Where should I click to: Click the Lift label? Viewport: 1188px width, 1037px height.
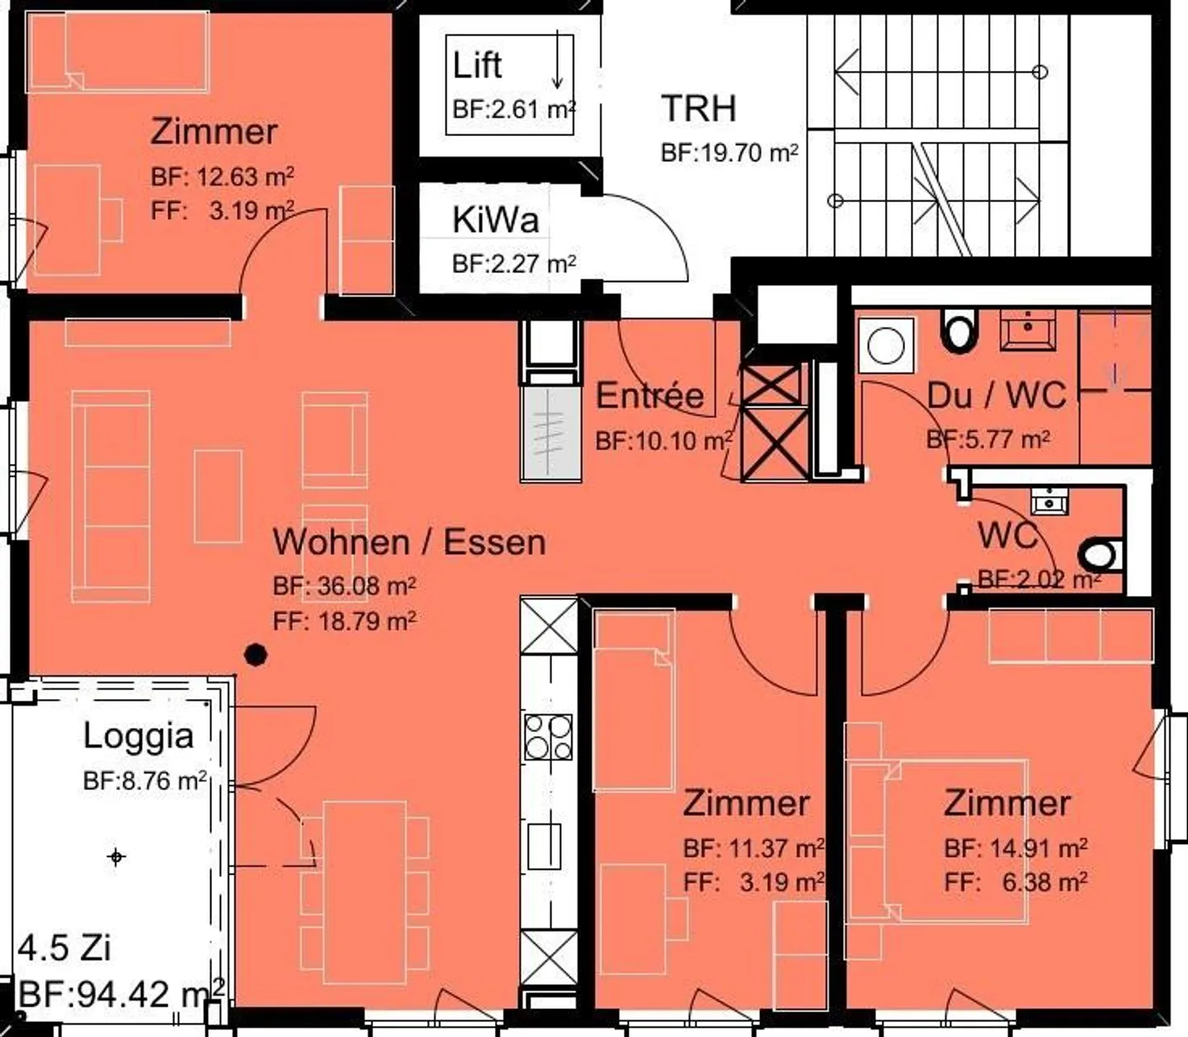click(477, 66)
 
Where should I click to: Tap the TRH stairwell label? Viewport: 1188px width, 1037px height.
click(698, 109)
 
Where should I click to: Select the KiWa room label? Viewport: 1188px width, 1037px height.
click(495, 220)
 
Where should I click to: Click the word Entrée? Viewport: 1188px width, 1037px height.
click(649, 396)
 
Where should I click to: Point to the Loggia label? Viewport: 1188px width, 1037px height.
click(139, 736)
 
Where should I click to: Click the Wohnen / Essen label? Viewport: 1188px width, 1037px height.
click(409, 542)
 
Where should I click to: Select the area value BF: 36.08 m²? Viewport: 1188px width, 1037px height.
click(344, 586)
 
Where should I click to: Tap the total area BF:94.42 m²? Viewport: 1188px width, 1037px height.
click(120, 993)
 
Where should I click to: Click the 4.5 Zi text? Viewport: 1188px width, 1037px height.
click(64, 948)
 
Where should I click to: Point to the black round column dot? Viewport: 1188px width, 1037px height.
click(257, 655)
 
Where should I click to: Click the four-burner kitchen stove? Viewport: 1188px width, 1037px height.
click(549, 736)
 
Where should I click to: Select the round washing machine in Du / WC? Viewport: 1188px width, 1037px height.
click(885, 345)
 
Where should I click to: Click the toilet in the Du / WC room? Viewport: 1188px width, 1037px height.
click(959, 331)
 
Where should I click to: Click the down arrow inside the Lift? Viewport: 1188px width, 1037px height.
click(558, 61)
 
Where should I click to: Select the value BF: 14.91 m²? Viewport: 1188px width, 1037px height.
click(1015, 847)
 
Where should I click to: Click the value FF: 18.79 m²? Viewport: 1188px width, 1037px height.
click(344, 621)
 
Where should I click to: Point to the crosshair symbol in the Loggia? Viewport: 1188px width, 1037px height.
click(116, 857)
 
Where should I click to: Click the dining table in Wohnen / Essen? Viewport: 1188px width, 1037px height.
click(364, 892)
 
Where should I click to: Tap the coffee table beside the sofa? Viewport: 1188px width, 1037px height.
click(218, 496)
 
